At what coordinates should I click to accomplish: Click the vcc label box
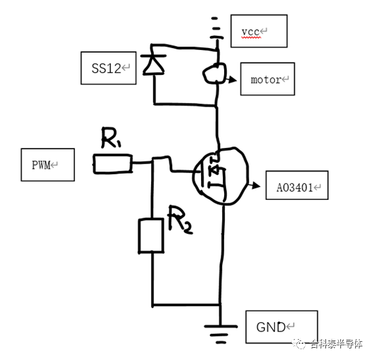pyautogui.click(x=259, y=32)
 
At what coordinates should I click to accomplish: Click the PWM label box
pyautogui.click(x=47, y=164)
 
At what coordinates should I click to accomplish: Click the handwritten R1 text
pyautogui.click(x=112, y=140)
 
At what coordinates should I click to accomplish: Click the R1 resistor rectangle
pyautogui.click(x=112, y=163)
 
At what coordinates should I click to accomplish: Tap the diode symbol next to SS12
pyautogui.click(x=155, y=64)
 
